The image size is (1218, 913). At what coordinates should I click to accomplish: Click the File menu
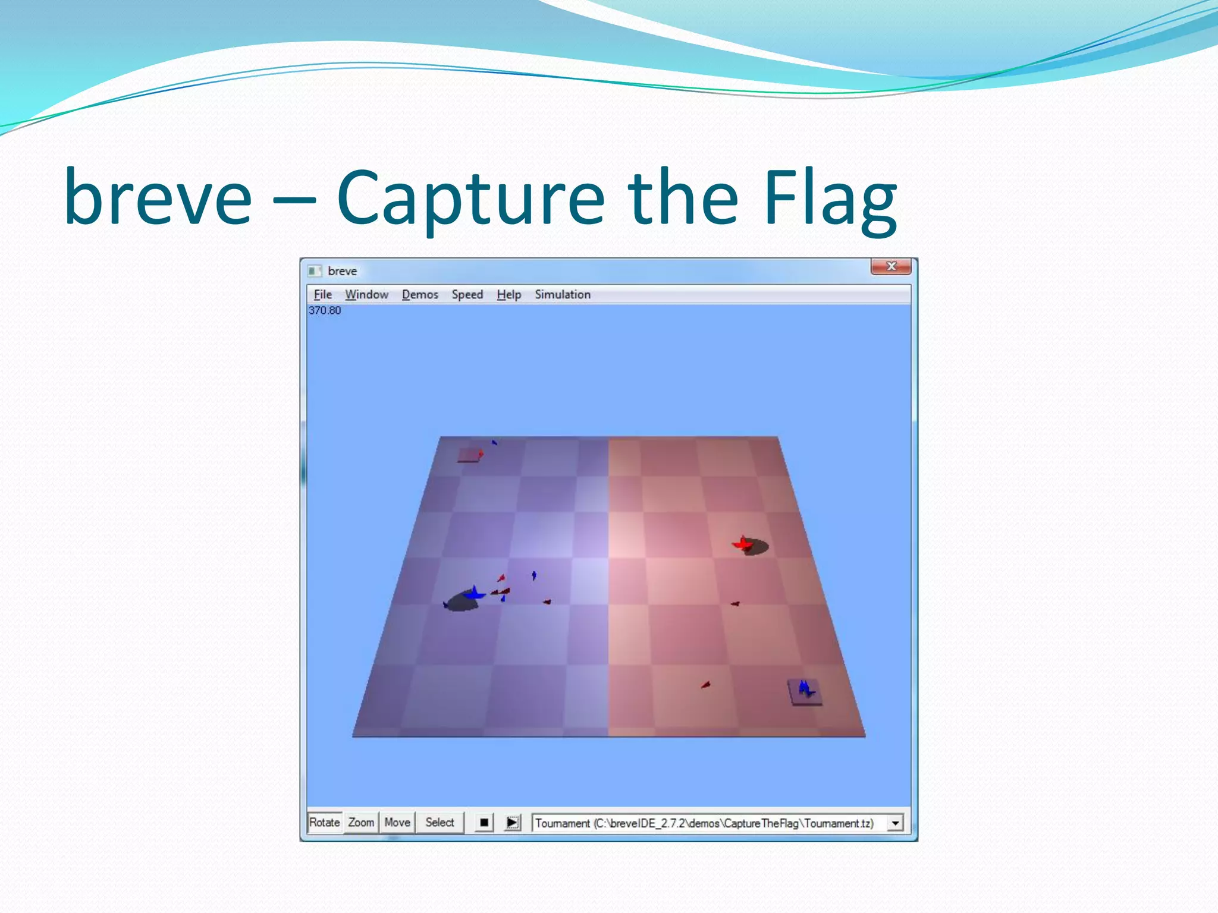322,294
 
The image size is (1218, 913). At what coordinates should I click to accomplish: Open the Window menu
366,294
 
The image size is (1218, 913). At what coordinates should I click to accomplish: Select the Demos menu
420,294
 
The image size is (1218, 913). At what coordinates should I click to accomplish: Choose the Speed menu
467,294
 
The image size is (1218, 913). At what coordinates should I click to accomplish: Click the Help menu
508,294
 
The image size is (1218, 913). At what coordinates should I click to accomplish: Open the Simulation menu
562,294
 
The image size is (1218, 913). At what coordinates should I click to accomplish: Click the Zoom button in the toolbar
361,823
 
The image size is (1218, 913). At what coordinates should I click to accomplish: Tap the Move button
397,823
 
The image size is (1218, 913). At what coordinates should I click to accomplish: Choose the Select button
440,823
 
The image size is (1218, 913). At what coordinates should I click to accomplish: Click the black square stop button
484,823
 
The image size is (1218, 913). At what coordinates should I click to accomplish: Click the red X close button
890,266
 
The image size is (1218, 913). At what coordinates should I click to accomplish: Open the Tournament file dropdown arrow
895,823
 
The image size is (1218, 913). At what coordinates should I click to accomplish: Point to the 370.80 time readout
325,310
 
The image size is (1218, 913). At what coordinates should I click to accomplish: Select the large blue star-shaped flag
474,593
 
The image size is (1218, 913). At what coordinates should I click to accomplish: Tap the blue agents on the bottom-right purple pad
805,690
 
